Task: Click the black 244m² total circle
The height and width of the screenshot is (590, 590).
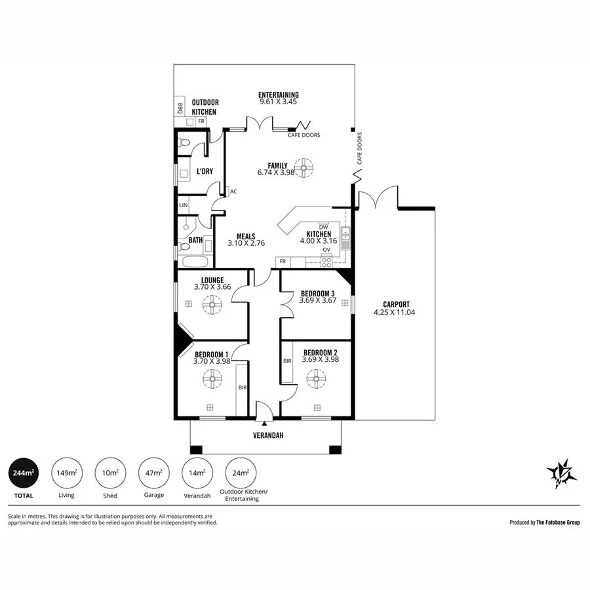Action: pyautogui.click(x=24, y=473)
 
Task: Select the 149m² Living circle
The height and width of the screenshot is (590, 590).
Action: pyautogui.click(x=67, y=473)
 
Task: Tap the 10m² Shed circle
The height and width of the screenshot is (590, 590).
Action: pyautogui.click(x=110, y=473)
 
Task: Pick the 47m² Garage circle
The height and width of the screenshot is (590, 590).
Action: pyautogui.click(x=153, y=473)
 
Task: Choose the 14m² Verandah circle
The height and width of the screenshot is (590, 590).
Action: pyautogui.click(x=197, y=473)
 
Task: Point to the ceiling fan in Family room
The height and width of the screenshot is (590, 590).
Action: pyautogui.click(x=304, y=168)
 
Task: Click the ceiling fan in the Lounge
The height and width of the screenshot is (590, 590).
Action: pyautogui.click(x=212, y=305)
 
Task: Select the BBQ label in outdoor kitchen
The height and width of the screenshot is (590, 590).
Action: pyautogui.click(x=179, y=107)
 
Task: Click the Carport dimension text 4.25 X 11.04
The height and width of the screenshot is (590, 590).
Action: pyautogui.click(x=397, y=313)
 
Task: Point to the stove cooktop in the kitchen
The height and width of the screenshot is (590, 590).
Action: pyautogui.click(x=326, y=261)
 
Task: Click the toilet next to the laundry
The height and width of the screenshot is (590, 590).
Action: pyautogui.click(x=184, y=142)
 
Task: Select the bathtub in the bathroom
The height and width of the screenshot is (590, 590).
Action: pyautogui.click(x=193, y=263)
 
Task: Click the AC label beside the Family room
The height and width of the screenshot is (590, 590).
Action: pyautogui.click(x=233, y=192)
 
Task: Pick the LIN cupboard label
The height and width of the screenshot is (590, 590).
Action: pyautogui.click(x=184, y=206)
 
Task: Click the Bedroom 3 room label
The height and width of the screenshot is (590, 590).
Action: pyautogui.click(x=318, y=293)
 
